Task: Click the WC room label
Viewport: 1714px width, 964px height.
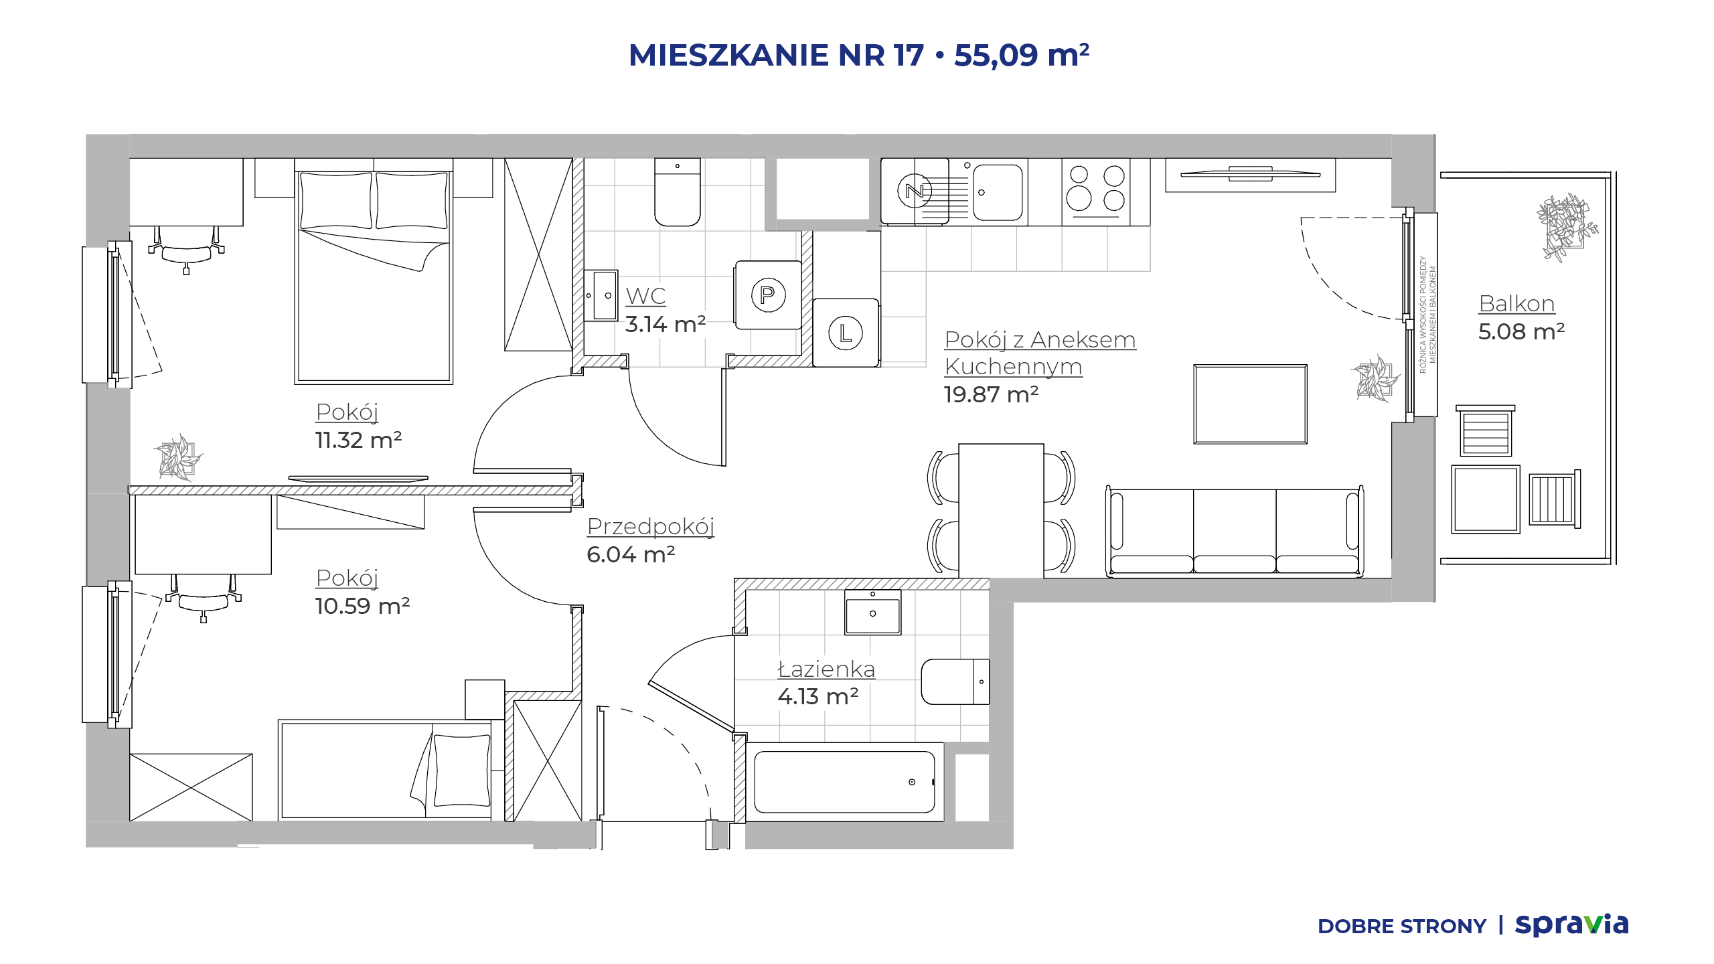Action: click(645, 296)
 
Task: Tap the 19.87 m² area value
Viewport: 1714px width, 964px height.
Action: click(991, 394)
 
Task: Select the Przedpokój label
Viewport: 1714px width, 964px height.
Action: click(651, 527)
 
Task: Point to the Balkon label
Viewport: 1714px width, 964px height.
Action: click(1516, 303)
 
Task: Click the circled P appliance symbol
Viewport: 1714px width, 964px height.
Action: click(768, 295)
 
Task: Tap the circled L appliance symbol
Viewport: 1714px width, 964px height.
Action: click(846, 333)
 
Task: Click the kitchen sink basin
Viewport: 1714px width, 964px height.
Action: click(998, 192)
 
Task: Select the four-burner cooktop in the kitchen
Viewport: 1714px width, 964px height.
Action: click(1096, 191)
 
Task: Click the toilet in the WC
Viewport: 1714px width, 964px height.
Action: click(677, 192)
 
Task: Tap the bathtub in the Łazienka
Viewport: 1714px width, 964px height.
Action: click(844, 782)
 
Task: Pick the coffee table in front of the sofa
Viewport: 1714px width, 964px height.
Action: click(1250, 404)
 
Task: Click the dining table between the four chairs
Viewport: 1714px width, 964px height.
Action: click(1001, 510)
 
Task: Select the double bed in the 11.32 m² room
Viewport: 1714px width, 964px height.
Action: click(374, 271)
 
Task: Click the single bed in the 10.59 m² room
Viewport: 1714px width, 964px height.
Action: click(386, 770)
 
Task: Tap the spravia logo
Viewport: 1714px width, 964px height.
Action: click(1571, 925)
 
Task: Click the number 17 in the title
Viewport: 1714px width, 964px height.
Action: click(909, 55)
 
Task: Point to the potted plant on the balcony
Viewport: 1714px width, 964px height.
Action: click(1565, 226)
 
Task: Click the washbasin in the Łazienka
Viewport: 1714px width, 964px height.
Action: click(872, 612)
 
